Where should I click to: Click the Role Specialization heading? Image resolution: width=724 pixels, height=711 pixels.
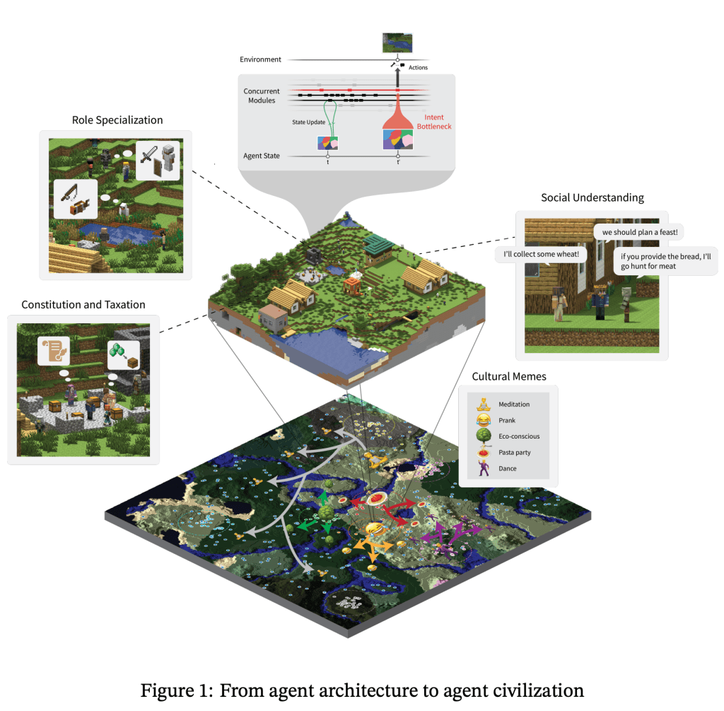pos(117,120)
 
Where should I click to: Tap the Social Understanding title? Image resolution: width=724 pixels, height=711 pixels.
pos(592,197)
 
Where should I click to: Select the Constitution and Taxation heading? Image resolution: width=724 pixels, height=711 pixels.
pos(83,305)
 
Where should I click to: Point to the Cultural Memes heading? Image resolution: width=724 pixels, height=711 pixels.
pos(509,376)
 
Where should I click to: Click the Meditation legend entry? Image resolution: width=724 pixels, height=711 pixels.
pos(514,405)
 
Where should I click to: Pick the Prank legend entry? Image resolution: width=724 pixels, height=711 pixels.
pos(508,420)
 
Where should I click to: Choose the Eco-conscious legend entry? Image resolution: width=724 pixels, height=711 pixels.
pos(519,437)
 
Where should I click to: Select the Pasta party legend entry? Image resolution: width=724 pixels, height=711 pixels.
pos(515,452)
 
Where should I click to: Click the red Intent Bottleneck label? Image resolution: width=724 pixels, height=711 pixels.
pos(438,121)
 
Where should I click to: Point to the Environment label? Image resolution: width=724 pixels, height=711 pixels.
pos(261,59)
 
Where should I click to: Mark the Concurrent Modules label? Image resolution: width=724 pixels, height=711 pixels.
pos(262,96)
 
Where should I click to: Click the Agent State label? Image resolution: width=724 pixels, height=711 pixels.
pos(262,156)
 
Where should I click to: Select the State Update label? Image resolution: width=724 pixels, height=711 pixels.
pos(309,122)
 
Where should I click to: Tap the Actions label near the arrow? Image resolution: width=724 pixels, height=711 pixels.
pos(419,68)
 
